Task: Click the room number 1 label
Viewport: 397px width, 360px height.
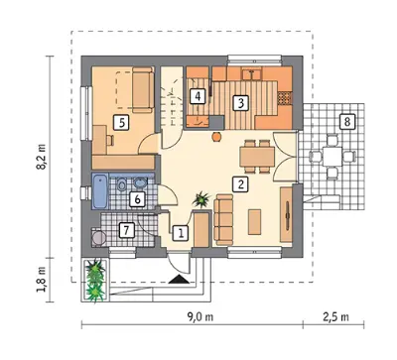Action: [x=181, y=233]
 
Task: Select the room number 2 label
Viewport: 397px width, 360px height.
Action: [x=240, y=183]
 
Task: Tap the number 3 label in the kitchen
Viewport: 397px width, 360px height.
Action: [x=240, y=103]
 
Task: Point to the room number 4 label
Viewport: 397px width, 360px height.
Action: [x=198, y=96]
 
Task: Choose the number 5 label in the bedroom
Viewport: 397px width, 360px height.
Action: [x=121, y=123]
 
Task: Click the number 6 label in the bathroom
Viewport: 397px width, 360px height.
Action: [x=137, y=199]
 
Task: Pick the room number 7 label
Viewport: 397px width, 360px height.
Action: [x=126, y=230]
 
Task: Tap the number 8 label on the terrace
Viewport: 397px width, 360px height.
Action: [x=346, y=122]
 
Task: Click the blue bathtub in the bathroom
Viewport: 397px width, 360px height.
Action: [x=100, y=191]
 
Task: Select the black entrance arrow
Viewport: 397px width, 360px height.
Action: [x=179, y=280]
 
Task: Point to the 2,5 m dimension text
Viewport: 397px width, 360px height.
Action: [x=335, y=317]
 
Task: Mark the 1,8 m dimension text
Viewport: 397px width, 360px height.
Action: [x=42, y=280]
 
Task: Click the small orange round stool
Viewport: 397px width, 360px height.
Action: [x=216, y=137]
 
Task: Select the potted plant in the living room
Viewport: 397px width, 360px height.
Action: [x=201, y=199]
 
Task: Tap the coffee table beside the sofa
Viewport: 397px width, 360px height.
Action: [x=254, y=222]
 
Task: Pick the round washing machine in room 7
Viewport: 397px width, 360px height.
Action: [x=98, y=238]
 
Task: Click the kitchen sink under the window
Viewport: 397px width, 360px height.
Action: [x=252, y=73]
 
